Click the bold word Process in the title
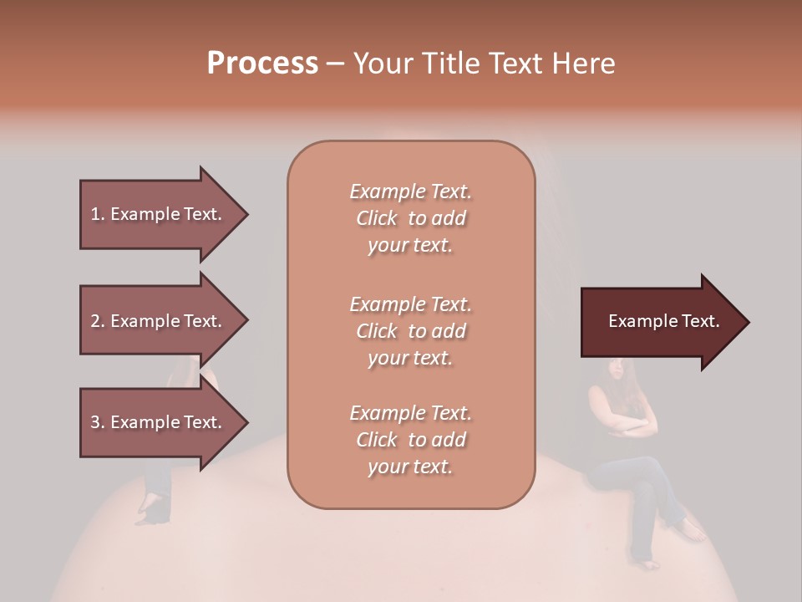coord(262,64)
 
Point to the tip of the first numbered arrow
coord(246,214)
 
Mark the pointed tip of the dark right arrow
coord(747,322)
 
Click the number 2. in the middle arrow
coord(98,321)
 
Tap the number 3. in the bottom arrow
coord(98,422)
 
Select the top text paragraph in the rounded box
coord(410,218)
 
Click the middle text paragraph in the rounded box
coord(410,331)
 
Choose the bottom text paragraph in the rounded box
coord(410,440)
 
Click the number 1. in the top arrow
coord(97,214)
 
